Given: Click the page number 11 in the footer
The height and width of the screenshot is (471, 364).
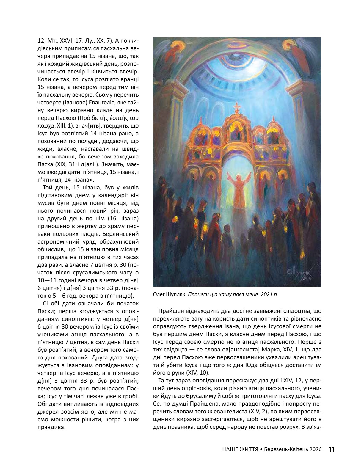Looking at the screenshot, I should (331, 449).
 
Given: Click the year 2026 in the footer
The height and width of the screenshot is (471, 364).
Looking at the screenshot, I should (316, 449).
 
